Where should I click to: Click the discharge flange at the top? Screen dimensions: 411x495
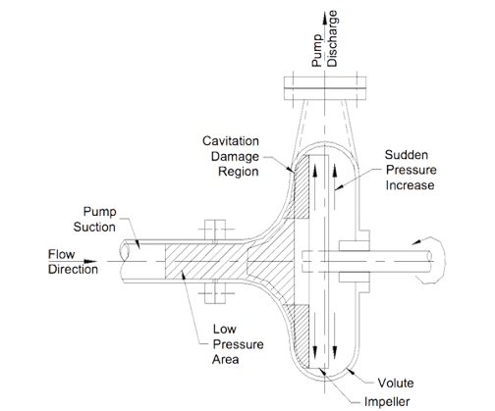324,88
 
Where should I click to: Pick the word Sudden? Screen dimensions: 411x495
406,155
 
